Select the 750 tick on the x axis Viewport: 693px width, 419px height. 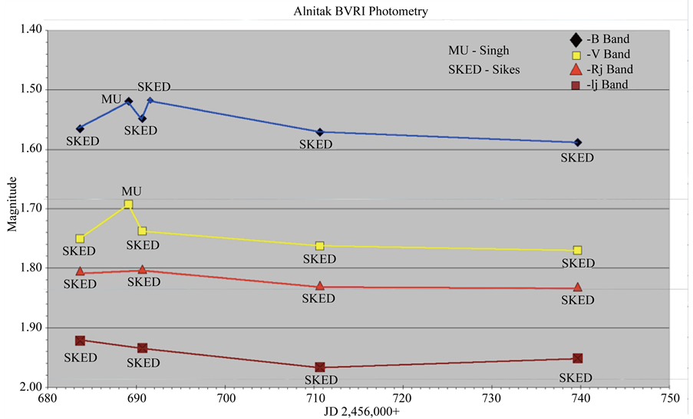669,399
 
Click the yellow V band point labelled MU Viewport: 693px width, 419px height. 128,205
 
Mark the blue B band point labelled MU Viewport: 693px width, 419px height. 128,101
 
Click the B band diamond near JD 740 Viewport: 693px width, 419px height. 578,142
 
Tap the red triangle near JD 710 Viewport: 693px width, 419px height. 320,285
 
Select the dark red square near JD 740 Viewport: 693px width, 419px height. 578,358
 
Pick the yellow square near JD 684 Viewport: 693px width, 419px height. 80,238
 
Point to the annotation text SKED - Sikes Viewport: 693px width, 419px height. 484,69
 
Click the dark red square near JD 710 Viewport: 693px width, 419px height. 320,367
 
